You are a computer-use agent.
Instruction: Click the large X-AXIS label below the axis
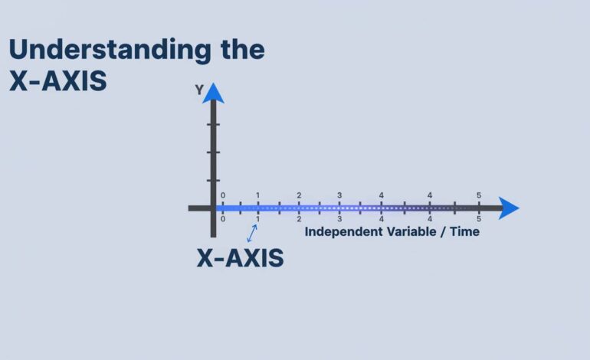coord(240,258)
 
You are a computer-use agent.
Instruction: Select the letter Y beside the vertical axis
coord(199,90)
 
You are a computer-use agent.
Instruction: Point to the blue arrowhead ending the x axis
coord(508,208)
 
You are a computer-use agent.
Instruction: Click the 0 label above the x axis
coord(223,195)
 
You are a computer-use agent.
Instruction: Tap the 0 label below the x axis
coord(223,219)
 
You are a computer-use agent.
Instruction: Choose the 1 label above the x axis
coord(257,195)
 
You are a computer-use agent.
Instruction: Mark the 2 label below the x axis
coord(299,219)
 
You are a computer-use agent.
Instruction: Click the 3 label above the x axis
coord(339,195)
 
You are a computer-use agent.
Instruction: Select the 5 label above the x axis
coord(479,195)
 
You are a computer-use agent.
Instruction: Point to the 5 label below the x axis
coord(479,219)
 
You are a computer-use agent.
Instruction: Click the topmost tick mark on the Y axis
coord(213,124)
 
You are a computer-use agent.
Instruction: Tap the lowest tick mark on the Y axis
coord(213,181)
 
